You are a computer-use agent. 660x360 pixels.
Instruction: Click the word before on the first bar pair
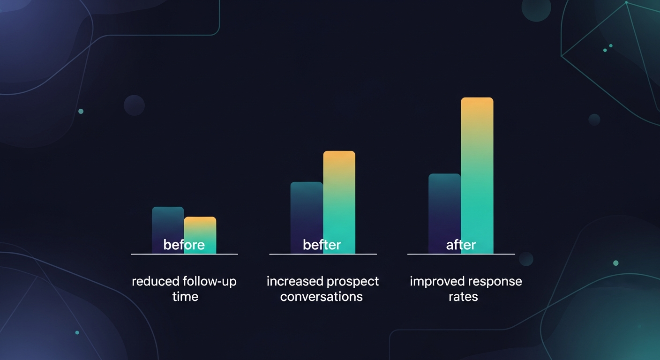point(184,245)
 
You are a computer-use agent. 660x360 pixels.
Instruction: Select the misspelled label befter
point(322,245)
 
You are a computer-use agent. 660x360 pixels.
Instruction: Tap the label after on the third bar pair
point(461,245)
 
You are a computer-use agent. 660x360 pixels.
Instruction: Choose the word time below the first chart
point(185,297)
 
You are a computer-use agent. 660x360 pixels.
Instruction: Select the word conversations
point(322,297)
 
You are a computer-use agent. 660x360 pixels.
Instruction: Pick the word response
point(495,282)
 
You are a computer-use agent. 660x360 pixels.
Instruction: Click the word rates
point(463,297)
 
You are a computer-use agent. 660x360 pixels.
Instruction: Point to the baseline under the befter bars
point(323,254)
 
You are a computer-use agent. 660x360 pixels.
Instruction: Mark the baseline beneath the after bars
point(461,254)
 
